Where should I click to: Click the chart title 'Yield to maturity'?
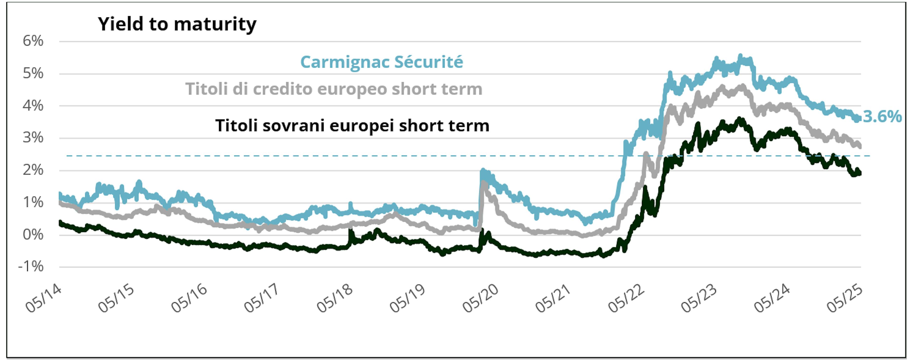pos(177,24)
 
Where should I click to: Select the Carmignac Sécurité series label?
pos(381,62)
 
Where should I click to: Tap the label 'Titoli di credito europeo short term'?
pos(334,89)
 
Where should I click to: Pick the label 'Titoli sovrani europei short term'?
pos(352,126)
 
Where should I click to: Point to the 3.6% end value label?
pos(882,117)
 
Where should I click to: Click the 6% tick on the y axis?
pos(33,41)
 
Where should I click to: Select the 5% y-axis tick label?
pos(33,73)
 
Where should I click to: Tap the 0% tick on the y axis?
pos(33,234)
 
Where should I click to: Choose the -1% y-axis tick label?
pos(31,267)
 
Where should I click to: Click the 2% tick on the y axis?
pos(33,170)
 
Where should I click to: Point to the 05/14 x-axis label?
pos(44,298)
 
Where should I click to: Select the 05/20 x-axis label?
pos(481,298)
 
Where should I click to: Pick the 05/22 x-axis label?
pos(626,298)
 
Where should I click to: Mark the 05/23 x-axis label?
pos(699,298)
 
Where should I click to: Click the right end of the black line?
pos(860,173)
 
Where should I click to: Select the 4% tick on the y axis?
pos(33,106)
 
